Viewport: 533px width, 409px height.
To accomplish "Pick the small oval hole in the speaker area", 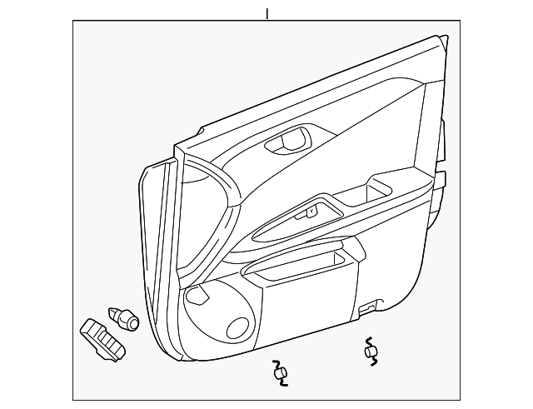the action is click(x=238, y=328).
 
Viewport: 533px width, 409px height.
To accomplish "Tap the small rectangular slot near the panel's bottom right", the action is click(x=366, y=310).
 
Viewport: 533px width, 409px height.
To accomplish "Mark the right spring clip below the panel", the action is click(x=370, y=351).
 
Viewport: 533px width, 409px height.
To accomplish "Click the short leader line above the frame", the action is click(x=266, y=13).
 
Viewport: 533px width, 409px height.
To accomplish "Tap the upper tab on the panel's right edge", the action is click(x=441, y=133).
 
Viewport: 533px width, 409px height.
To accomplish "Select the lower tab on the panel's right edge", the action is click(x=441, y=179).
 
